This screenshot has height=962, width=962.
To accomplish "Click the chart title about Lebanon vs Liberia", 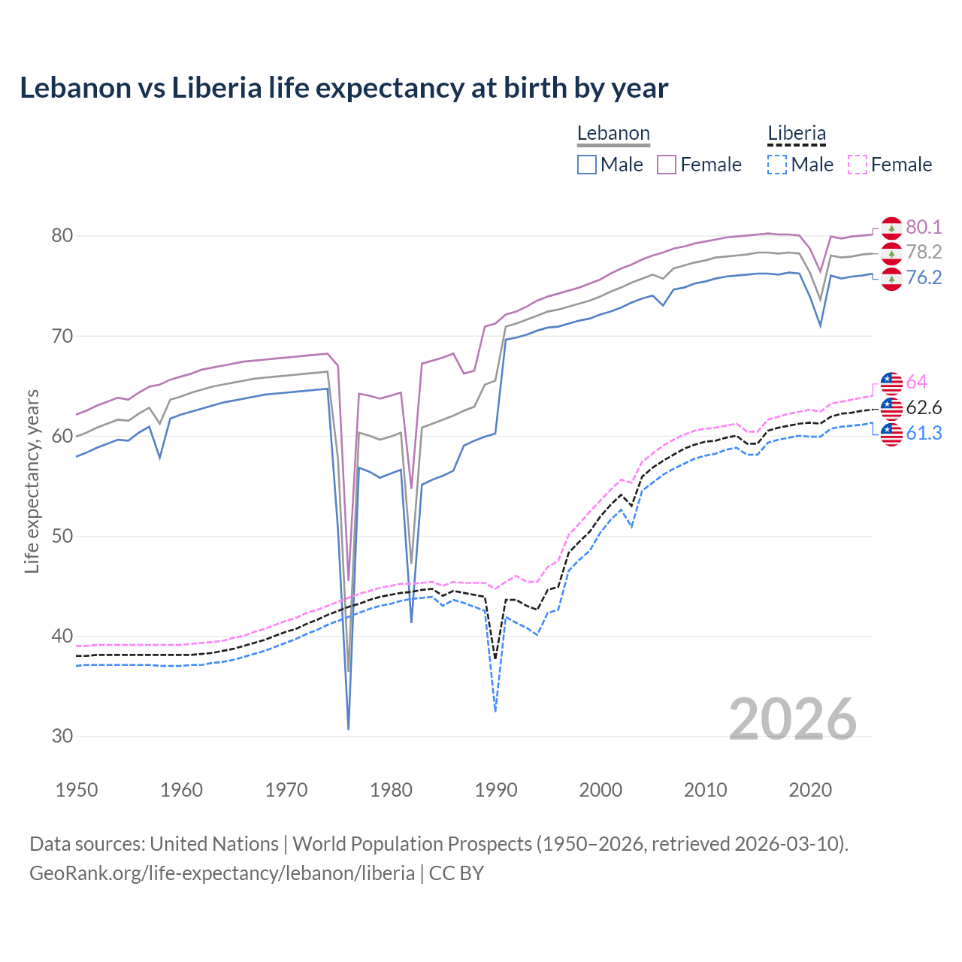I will coord(343,88).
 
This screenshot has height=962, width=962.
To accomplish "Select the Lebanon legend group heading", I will coord(613,134).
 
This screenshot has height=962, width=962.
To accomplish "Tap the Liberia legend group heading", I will coord(796,134).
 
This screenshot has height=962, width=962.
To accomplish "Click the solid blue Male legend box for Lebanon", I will coord(587,165).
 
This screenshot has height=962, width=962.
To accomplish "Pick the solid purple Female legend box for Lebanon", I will coord(667,165).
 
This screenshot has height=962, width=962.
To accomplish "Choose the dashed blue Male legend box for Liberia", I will coord(777,165).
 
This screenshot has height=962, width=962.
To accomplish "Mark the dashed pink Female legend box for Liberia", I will coord(858,165).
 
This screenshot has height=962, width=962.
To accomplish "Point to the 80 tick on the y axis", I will coord(62,236).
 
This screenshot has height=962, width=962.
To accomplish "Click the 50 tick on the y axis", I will coord(62,536).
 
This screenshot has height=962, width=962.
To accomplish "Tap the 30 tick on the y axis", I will coord(62,736).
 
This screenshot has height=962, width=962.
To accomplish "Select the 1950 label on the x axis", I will coord(77,790).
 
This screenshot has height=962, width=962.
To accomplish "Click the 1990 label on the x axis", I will coord(496,790).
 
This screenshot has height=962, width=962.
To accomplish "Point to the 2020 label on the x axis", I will coord(810,790).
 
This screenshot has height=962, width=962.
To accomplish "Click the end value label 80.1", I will coord(924,228).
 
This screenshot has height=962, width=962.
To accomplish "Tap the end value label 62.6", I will coord(924,408).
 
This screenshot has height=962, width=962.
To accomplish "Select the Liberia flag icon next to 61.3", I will coord(891,434).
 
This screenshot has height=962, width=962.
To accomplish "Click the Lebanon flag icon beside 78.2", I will coord(891,253).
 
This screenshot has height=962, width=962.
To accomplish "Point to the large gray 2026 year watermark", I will coord(793,719).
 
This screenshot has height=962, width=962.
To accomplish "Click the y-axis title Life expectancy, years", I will coord(32,481).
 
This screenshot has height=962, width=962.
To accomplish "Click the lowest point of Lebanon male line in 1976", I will coord(349,728).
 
